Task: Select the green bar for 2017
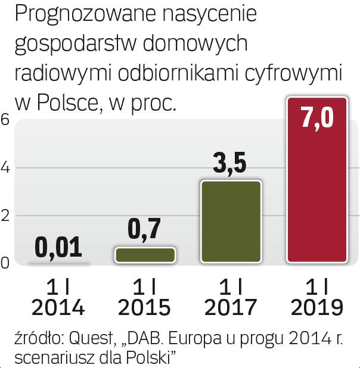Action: point(231,222)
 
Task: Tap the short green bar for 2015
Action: point(145,255)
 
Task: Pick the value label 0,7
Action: point(145,230)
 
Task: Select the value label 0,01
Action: point(58,247)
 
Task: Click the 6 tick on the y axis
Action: point(5,120)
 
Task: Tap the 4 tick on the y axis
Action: point(5,168)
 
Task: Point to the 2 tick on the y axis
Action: point(5,216)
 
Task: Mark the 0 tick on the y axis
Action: point(5,263)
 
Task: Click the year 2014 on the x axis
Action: point(58,307)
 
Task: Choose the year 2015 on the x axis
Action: point(144,307)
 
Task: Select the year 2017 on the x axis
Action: point(231,307)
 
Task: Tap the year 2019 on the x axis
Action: point(316,307)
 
